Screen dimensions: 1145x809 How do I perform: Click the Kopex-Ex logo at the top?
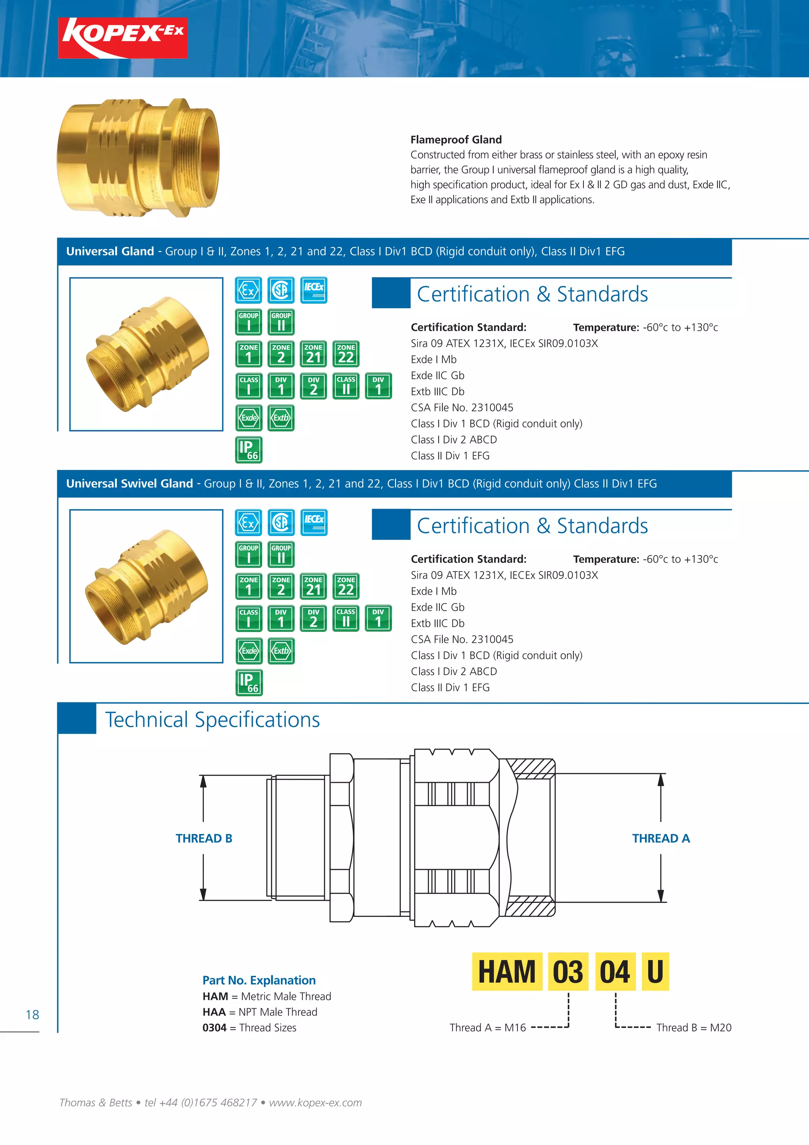(122, 38)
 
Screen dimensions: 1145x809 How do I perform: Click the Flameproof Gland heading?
(455, 140)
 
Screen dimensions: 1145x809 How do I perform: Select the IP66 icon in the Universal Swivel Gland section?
(249, 682)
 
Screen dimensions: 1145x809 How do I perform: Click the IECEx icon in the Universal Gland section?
(314, 290)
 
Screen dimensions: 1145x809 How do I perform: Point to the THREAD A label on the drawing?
(660, 838)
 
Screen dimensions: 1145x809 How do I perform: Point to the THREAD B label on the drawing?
(204, 838)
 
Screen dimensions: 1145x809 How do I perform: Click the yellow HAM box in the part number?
(506, 972)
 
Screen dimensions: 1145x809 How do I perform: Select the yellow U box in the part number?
(655, 972)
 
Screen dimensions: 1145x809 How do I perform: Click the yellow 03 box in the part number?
(568, 972)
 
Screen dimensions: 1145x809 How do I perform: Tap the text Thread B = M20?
(693, 1027)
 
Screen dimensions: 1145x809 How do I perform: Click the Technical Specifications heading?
(213, 720)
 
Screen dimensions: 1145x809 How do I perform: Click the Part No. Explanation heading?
(259, 981)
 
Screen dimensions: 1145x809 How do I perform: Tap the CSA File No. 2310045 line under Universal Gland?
(461, 407)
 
